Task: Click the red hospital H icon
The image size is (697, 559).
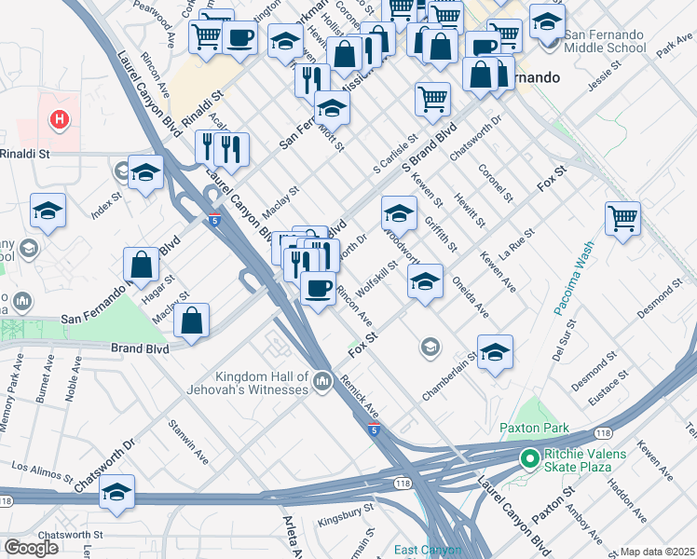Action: point(60,119)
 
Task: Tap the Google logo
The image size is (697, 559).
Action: point(31,548)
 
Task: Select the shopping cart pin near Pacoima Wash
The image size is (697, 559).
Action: point(622,220)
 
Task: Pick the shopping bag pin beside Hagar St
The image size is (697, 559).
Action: point(141,265)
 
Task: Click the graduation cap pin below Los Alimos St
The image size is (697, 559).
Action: point(117,493)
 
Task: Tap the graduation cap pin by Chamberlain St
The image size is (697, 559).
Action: point(495,353)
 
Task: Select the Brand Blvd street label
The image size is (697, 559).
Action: point(140,348)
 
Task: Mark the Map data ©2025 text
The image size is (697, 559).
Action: point(658,552)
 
